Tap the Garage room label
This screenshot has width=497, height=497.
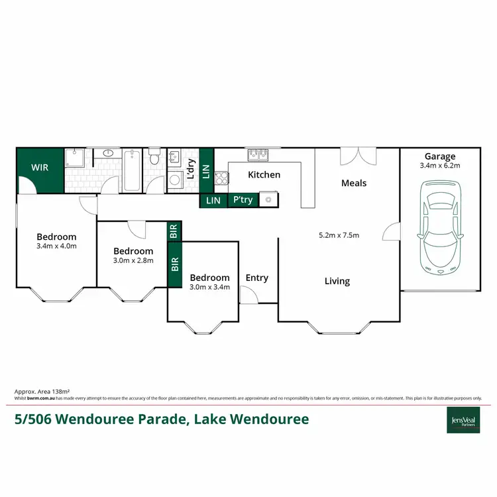click(x=440, y=157)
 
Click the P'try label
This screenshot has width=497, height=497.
click(x=243, y=199)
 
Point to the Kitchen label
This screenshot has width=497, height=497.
click(x=264, y=175)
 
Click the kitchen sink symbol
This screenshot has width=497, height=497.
click(x=257, y=155)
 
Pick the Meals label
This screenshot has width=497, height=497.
click(x=354, y=183)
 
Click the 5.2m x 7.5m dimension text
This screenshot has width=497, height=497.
click(x=339, y=235)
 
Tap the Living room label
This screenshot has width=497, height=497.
click(x=337, y=281)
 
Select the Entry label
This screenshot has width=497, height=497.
click(x=257, y=278)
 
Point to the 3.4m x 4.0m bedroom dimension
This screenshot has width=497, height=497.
click(x=56, y=247)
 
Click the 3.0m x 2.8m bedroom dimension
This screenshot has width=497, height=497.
click(x=133, y=260)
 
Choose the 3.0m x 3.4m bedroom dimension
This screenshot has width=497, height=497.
click(x=209, y=287)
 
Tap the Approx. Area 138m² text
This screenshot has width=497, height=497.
click(x=42, y=392)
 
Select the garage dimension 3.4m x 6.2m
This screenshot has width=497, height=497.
click(x=440, y=166)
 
